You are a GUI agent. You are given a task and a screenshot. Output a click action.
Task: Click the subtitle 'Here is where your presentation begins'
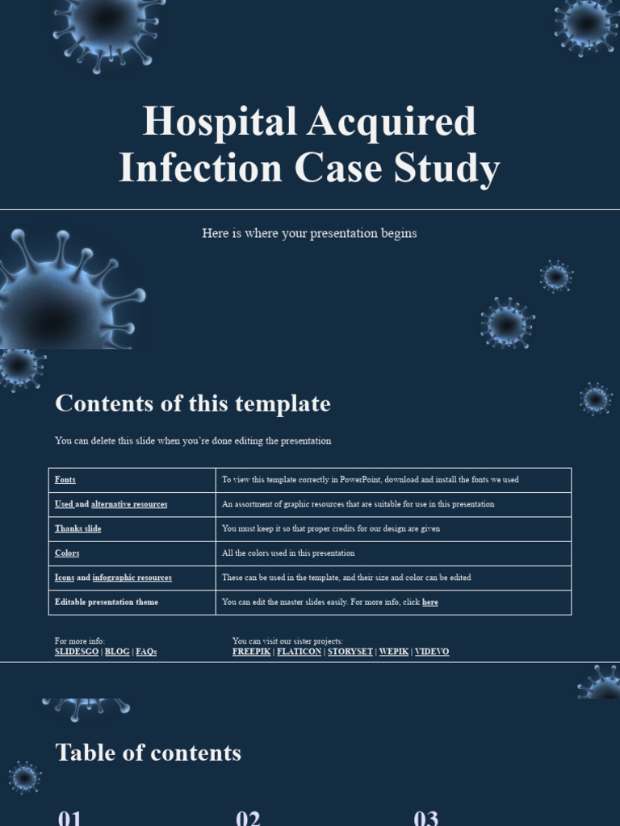(309, 233)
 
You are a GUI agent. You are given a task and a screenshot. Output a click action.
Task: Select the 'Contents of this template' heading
(192, 403)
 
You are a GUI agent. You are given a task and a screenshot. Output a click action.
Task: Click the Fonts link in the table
(65, 480)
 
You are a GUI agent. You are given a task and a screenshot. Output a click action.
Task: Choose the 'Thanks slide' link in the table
(78, 529)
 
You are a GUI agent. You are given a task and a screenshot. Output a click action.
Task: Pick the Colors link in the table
(67, 553)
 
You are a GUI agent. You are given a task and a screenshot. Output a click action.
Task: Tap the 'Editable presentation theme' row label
(107, 603)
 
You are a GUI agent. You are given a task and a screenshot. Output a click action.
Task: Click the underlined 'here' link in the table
(430, 603)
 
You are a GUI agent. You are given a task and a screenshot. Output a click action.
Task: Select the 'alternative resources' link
(129, 504)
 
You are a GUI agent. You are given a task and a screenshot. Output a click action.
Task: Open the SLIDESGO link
(77, 652)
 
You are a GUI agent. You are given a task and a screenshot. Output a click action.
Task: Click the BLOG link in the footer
(117, 652)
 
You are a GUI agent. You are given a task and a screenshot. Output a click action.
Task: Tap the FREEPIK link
(251, 652)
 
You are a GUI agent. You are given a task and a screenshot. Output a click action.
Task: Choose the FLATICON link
(299, 652)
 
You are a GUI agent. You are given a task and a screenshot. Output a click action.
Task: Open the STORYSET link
(350, 652)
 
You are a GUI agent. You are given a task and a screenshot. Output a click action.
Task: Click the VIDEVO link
(432, 652)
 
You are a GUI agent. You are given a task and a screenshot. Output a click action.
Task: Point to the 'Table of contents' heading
(148, 753)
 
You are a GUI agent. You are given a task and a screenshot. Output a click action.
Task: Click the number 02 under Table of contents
(248, 817)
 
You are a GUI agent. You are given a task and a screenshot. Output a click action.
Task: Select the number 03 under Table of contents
(425, 817)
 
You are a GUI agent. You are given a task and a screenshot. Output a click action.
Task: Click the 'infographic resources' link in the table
(132, 578)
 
